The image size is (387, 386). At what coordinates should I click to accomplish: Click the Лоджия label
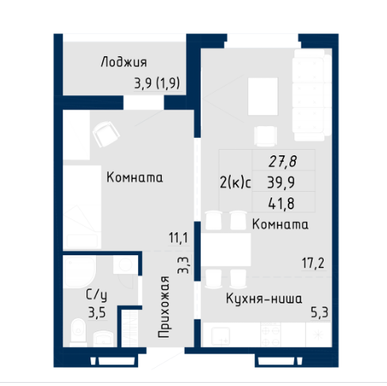point(124,61)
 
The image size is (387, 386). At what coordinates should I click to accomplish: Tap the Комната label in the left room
point(134,178)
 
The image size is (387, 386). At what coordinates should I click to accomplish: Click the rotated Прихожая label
point(163,308)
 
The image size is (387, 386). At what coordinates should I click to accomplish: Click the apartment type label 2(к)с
point(235,182)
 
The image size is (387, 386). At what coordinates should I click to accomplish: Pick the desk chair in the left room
point(103,134)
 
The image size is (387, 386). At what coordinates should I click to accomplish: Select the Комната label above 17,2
point(278,225)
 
